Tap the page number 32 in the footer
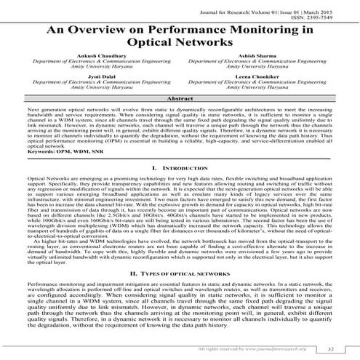331,350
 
